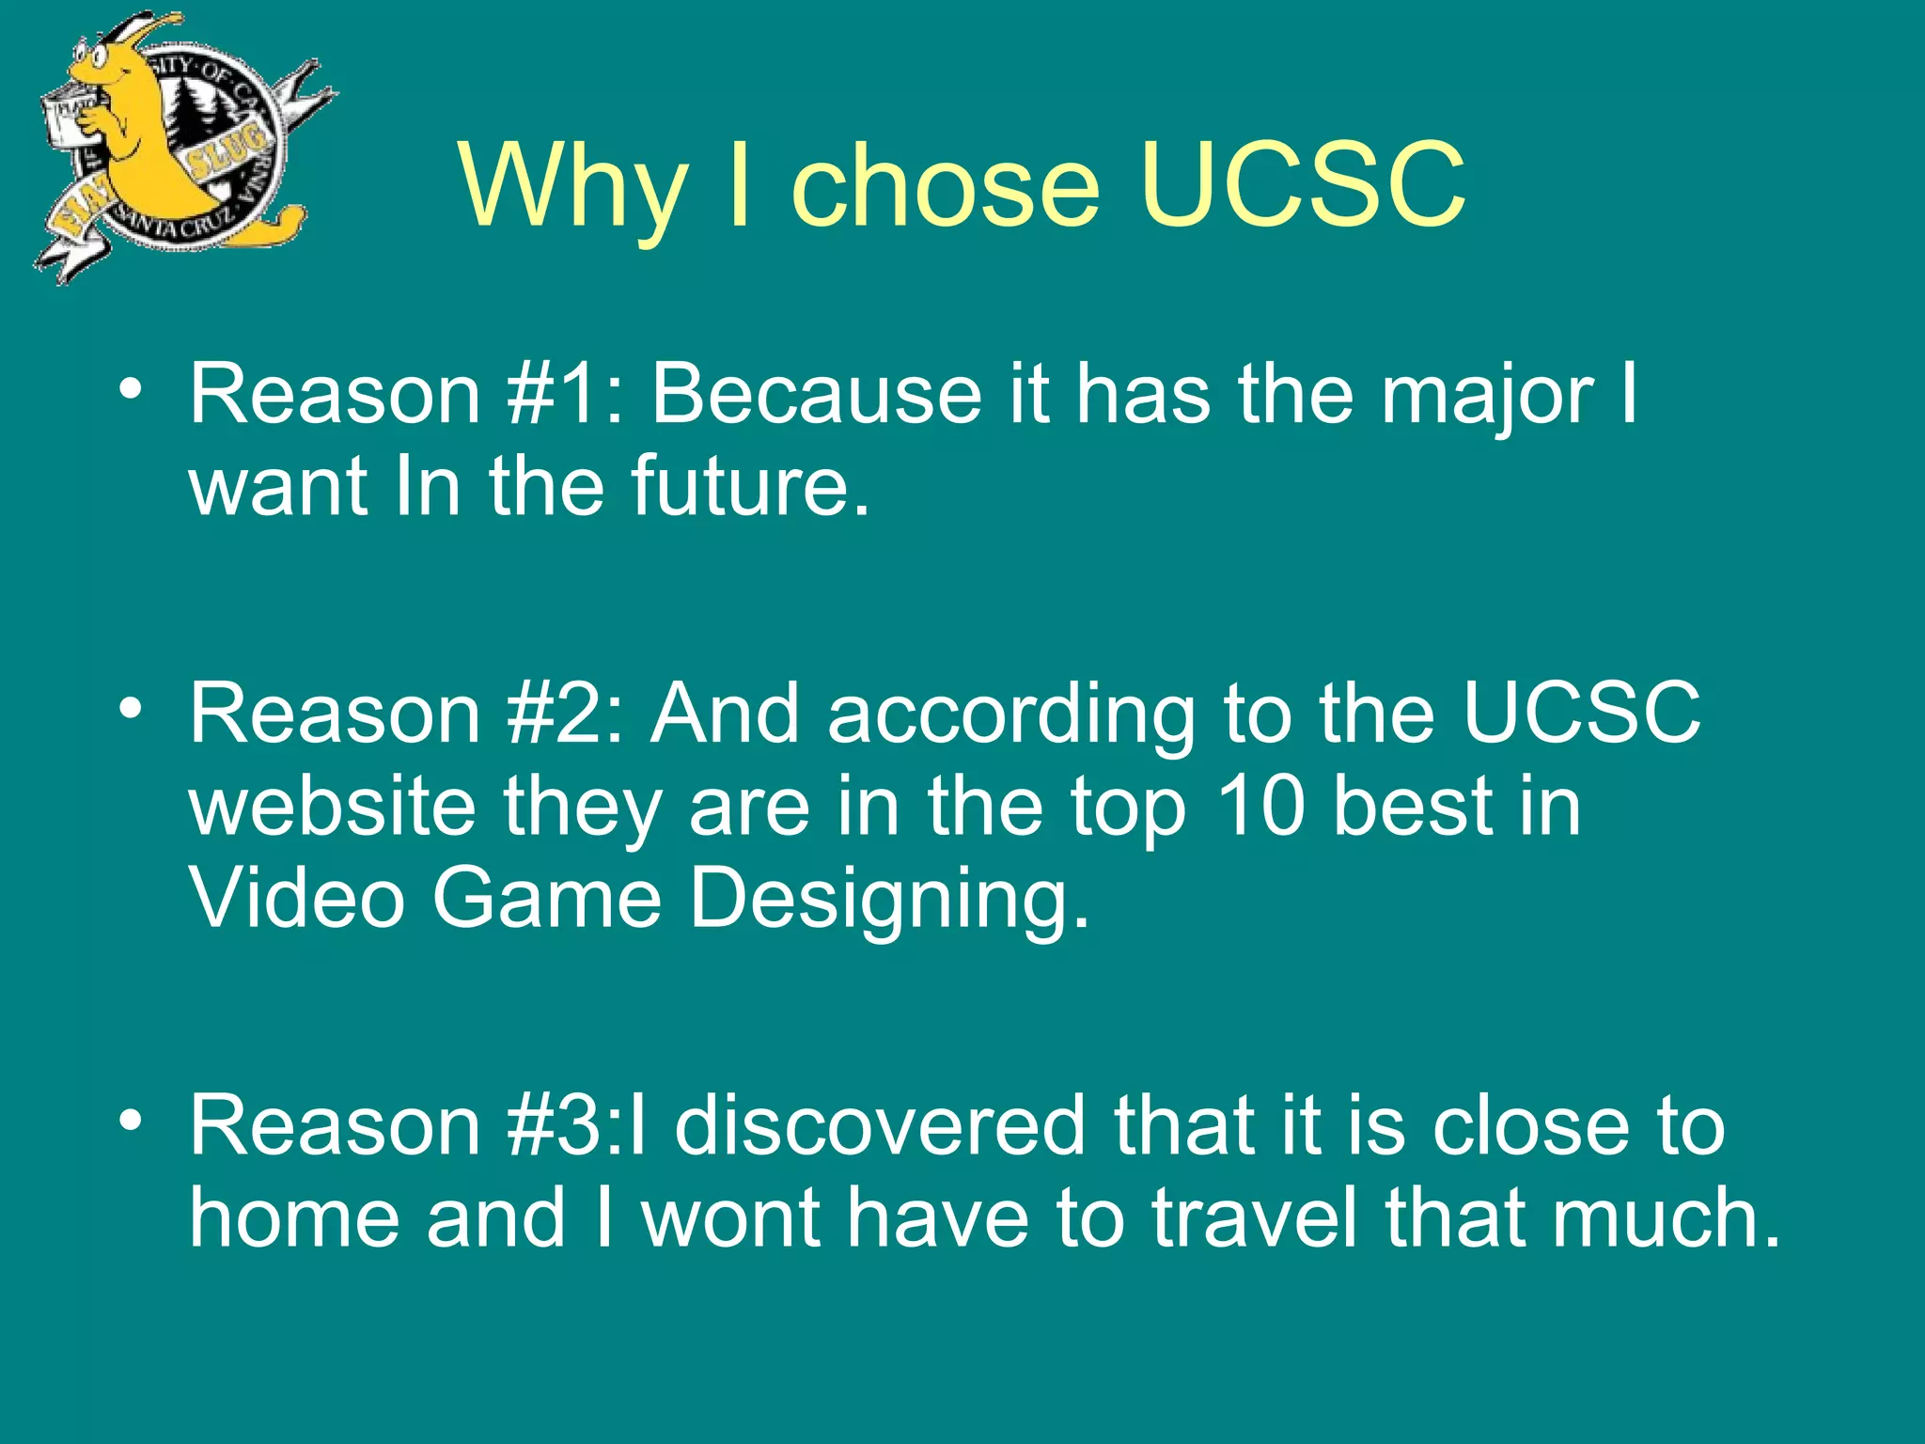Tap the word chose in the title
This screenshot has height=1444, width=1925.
point(945,184)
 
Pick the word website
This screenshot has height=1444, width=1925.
point(333,806)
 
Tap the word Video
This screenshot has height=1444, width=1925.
point(297,897)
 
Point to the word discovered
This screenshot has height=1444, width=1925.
point(880,1125)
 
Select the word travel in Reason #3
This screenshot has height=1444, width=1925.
point(1255,1216)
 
